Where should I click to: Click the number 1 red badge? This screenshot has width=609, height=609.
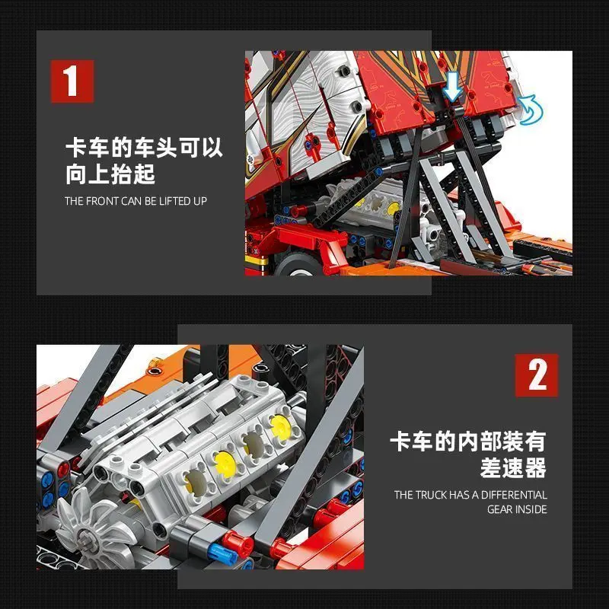pos(72,81)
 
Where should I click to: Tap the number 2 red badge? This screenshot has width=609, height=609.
pos(537,375)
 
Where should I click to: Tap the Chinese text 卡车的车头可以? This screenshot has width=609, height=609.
pos(144,147)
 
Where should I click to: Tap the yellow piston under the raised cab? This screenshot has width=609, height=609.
pos(392,207)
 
